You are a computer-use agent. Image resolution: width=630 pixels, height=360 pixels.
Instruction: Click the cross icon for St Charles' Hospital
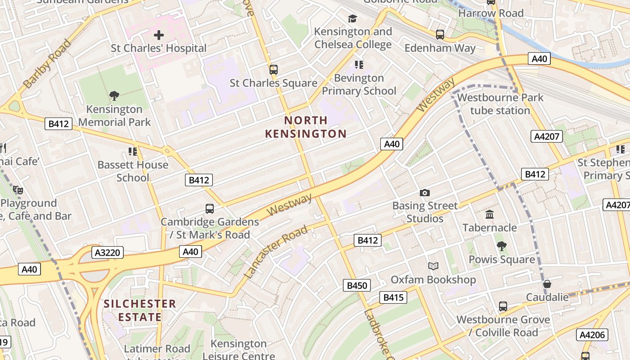pyautogui.click(x=159, y=35)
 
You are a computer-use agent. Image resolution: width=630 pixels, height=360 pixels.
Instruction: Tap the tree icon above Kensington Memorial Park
pyautogui.click(x=114, y=95)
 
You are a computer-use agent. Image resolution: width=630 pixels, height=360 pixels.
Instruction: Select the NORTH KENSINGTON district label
pyautogui.click(x=306, y=127)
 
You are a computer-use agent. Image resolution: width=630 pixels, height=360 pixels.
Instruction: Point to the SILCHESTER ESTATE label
pyautogui.click(x=140, y=310)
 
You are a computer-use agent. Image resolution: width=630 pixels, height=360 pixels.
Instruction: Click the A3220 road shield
pyautogui.click(x=108, y=252)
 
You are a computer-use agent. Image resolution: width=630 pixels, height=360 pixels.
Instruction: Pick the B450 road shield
pyautogui.click(x=357, y=285)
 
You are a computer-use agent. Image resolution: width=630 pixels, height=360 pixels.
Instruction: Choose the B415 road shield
pyautogui.click(x=393, y=297)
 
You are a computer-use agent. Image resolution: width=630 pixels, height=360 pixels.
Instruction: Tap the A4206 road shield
pyautogui.click(x=592, y=335)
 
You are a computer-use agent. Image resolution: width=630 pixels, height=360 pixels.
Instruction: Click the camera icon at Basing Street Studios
pyautogui.click(x=424, y=193)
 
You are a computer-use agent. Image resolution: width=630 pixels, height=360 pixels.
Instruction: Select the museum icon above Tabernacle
pyautogui.click(x=490, y=215)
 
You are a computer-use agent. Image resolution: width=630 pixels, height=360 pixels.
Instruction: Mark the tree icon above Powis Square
pyautogui.click(x=501, y=246)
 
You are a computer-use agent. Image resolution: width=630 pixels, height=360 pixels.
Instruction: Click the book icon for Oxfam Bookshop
pyautogui.click(x=433, y=266)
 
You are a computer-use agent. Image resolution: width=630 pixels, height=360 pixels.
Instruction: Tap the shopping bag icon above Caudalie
pyautogui.click(x=547, y=284)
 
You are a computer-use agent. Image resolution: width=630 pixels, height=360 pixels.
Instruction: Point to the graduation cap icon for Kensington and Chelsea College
pyautogui.click(x=352, y=18)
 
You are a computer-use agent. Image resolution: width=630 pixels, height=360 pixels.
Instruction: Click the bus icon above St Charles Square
pyautogui.click(x=273, y=70)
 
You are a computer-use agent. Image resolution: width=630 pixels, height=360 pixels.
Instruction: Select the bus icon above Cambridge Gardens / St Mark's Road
pyautogui.click(x=210, y=209)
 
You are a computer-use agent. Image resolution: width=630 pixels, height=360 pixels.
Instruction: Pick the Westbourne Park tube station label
pyautogui.click(x=500, y=104)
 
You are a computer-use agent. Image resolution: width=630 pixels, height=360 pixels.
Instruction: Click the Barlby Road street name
pyautogui.click(x=47, y=63)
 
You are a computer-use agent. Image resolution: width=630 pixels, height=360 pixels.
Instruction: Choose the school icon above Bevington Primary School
pyautogui.click(x=359, y=65)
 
